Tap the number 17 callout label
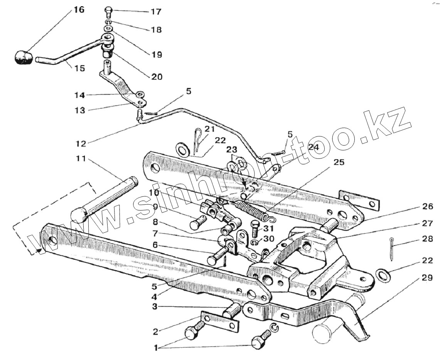156,12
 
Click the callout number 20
157,77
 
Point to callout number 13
80,110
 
